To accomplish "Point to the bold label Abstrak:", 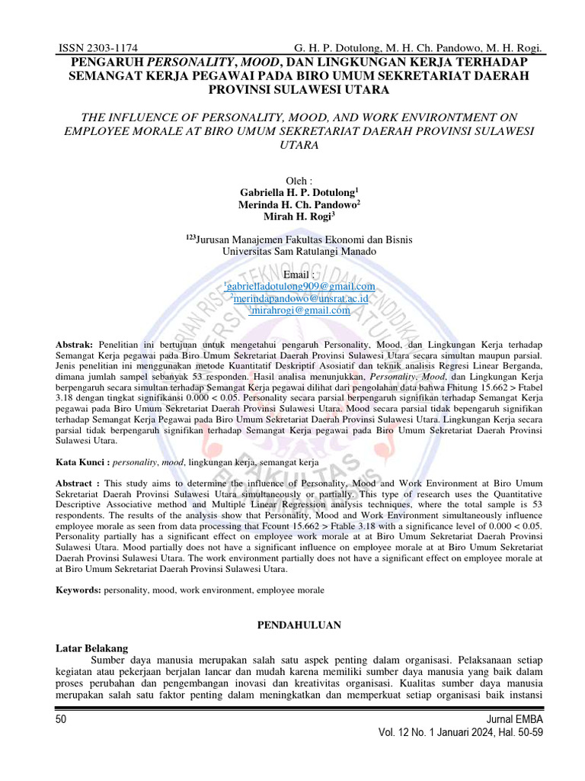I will click(x=75, y=346).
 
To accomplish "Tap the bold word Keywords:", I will click(x=80, y=590).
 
